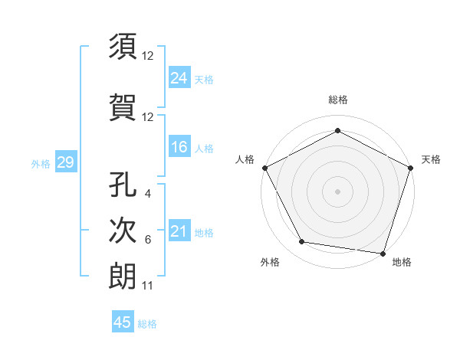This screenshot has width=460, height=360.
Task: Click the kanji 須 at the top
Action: point(123,47)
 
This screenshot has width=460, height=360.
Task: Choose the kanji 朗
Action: point(123,275)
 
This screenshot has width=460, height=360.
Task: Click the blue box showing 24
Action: point(179,77)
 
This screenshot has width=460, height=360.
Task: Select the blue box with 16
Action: point(179,147)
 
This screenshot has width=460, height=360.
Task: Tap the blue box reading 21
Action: point(179,231)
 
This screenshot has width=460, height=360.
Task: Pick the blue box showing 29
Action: point(65,162)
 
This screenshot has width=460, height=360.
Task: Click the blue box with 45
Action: point(123,322)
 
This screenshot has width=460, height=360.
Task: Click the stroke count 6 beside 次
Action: point(148,239)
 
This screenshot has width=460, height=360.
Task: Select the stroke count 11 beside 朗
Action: point(148,286)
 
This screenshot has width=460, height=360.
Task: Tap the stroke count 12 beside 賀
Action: point(148,116)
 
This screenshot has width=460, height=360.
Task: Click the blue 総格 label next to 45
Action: point(147,324)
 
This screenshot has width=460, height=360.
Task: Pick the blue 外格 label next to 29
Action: point(41,163)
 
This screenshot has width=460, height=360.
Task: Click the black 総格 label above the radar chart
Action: point(338,100)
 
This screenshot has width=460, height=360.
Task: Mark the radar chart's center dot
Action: point(337,191)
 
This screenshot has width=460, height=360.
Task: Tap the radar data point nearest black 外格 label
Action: point(302,242)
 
